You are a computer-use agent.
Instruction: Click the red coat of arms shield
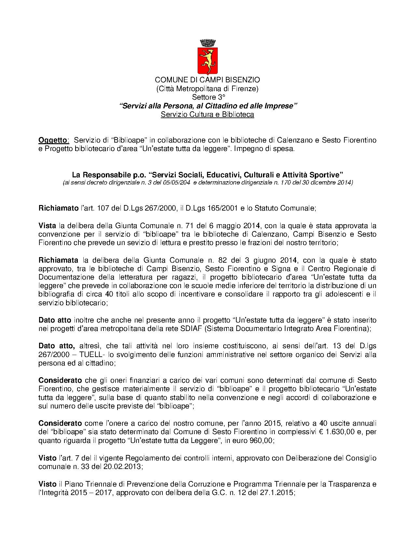tap(207, 60)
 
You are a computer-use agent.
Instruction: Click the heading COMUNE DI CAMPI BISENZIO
tap(207, 79)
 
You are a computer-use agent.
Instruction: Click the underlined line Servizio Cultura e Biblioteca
tap(207, 115)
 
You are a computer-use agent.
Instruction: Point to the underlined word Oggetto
tap(53, 140)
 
